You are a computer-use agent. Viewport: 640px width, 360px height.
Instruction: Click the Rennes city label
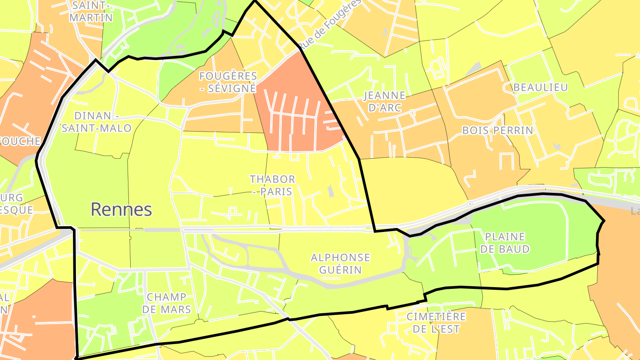coord(121,209)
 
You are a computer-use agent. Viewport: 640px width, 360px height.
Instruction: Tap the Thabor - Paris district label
coord(272,185)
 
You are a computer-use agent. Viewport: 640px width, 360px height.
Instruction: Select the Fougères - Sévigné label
coord(228,82)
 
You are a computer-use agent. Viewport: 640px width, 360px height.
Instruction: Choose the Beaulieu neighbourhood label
coord(540,88)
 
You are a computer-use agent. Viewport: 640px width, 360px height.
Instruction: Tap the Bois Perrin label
coord(497,130)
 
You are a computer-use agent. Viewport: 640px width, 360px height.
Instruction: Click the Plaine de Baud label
coord(505,243)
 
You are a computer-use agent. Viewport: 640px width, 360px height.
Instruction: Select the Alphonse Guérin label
coord(340,264)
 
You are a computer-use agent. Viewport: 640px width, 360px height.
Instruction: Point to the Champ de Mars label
coord(169,303)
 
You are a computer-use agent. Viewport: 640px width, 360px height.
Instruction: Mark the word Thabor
coord(272,179)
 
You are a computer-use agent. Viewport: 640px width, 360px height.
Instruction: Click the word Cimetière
coord(436,316)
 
